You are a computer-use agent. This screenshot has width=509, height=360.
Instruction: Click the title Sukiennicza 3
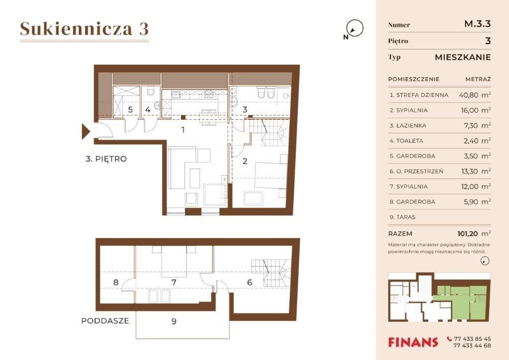(x=85, y=28)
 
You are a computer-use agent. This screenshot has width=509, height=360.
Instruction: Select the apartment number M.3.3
(x=478, y=24)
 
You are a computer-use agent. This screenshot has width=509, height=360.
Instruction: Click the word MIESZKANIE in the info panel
(x=463, y=58)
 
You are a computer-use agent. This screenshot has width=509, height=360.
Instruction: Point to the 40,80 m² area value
(x=475, y=95)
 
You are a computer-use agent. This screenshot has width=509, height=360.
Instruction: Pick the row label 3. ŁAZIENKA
(x=408, y=126)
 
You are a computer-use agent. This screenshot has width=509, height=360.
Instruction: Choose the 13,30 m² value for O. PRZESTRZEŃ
(x=476, y=171)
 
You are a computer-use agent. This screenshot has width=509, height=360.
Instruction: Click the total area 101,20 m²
(x=474, y=233)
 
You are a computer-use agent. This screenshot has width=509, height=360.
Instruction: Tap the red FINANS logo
(x=413, y=342)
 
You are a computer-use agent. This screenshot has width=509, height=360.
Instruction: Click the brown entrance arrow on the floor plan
(x=85, y=131)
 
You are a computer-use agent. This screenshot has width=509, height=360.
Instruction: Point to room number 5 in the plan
(x=130, y=109)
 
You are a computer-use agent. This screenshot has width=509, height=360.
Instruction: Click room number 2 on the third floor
(x=245, y=161)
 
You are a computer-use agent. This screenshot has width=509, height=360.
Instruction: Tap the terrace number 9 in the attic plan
(x=174, y=321)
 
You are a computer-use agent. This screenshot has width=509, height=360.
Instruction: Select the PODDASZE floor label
(x=105, y=321)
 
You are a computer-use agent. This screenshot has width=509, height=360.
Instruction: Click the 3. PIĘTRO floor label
(x=106, y=159)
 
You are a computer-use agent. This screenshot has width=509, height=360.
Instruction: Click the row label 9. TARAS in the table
(x=403, y=217)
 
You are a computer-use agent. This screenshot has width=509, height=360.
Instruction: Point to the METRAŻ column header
(x=478, y=79)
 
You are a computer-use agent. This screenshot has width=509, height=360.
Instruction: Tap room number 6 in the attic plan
(x=250, y=282)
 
